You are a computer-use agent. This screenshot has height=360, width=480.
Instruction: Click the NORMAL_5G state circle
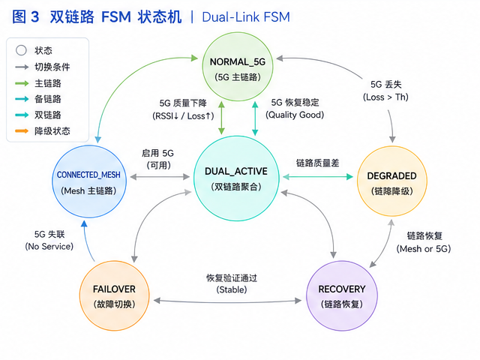238,67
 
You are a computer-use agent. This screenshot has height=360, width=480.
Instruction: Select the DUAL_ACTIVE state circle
236,178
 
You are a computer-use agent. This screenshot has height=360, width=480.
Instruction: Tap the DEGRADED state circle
391,181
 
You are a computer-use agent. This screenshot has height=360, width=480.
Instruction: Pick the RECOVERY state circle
342,295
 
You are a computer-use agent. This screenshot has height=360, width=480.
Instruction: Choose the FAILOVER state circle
115,295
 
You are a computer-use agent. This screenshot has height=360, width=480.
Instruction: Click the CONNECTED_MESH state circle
89,181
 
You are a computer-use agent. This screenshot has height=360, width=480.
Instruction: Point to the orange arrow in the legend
22,131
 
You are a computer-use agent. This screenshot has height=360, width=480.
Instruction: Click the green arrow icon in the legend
22,83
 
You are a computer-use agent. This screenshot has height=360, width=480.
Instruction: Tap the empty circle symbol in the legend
21,50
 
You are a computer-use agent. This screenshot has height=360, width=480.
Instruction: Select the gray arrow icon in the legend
22,67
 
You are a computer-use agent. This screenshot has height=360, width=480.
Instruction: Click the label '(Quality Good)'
295,115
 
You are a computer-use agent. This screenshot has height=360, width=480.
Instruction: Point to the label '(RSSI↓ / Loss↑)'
183,116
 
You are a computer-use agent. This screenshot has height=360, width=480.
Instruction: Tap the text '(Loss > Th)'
385,97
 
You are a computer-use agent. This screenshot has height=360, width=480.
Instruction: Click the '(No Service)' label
49,247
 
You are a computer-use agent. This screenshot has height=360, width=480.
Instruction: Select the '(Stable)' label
232,289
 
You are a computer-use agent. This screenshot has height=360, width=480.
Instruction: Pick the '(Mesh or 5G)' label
424,249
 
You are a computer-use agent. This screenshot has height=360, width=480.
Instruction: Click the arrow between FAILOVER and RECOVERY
227,301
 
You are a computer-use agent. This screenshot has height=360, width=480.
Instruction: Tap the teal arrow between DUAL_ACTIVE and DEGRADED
318,177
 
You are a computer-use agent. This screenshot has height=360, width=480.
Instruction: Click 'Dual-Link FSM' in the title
246,17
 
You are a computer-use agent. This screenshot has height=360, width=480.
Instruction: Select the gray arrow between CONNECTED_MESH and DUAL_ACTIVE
160,177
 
